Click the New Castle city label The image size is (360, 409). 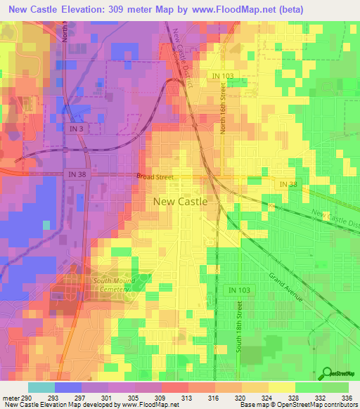click(180, 201)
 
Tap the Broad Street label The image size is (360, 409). click(155, 178)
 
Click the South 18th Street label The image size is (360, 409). click(240, 330)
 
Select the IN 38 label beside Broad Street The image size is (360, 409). click(77, 174)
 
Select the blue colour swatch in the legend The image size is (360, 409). click(68, 388)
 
